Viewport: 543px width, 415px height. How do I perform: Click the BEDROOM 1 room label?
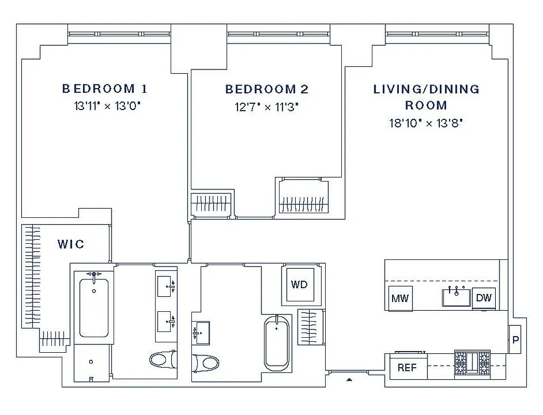coord(105,89)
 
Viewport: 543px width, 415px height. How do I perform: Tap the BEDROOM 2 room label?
coord(267,89)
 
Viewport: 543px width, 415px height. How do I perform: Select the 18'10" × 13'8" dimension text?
coord(426,123)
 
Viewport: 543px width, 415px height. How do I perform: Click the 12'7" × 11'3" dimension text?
coord(267,107)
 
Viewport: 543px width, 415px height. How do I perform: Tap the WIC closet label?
coord(71,244)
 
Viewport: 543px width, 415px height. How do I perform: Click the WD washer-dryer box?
coord(299,284)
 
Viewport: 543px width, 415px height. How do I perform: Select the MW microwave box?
coord(400,298)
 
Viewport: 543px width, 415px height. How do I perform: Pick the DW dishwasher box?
coord(483,298)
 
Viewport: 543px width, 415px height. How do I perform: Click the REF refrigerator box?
coord(407,367)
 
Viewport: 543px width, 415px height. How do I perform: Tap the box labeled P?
coord(515,340)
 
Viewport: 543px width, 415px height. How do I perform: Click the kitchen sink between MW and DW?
coord(456,297)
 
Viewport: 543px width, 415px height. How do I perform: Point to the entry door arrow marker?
coord(349,380)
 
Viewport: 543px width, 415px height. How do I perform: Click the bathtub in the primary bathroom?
coord(94,306)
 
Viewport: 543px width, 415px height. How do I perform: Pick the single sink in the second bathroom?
coord(201,333)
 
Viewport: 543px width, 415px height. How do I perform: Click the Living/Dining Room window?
coord(439,34)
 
